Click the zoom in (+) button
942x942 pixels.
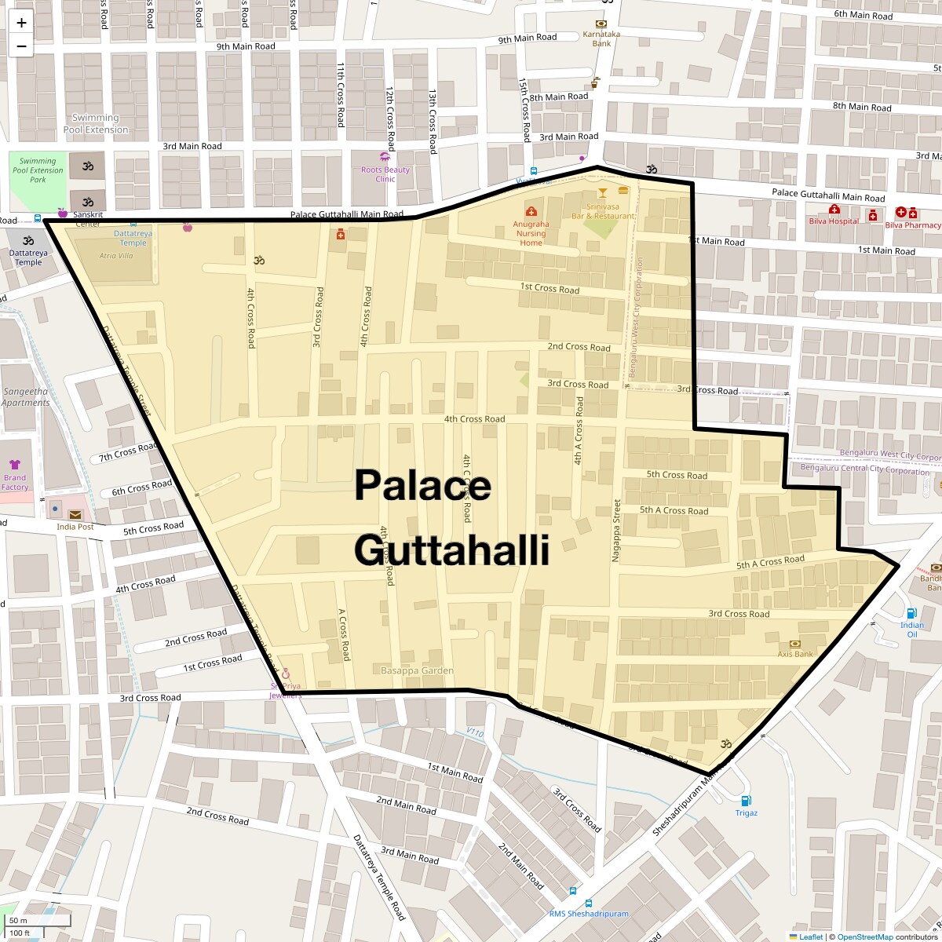tap(21, 23)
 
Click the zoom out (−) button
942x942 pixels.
tap(21, 46)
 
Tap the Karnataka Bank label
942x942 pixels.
tap(601, 38)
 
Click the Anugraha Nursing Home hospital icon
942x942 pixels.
tap(531, 211)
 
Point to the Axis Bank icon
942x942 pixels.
tap(794, 644)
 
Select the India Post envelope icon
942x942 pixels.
tap(75, 514)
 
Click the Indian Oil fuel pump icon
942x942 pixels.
tap(911, 614)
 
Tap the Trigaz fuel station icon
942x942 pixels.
tap(746, 801)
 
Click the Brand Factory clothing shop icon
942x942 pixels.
tap(15, 465)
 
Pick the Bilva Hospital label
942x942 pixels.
tap(834, 221)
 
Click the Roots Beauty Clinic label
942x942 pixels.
tap(385, 174)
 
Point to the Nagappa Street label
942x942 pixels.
tap(617, 530)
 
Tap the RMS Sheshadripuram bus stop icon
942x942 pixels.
tap(574, 892)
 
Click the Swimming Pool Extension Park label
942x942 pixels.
tap(38, 170)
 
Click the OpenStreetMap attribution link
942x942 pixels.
tap(864, 937)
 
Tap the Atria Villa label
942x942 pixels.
tap(115, 256)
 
